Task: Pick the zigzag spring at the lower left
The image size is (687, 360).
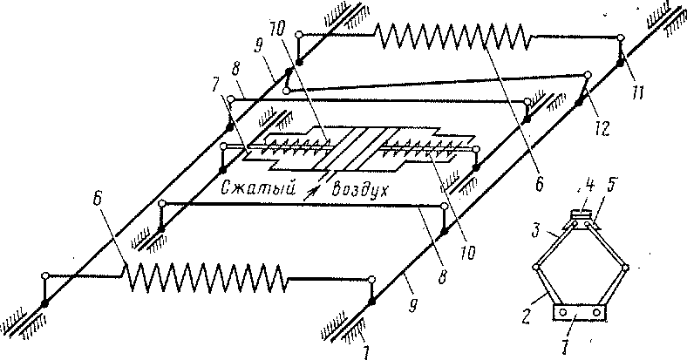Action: (x=206, y=278)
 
